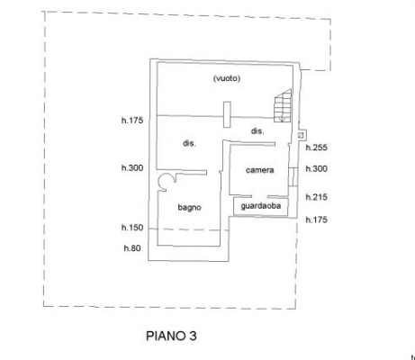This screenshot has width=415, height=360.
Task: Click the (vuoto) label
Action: [x=227, y=78]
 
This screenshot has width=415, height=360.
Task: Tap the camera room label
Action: [x=259, y=170]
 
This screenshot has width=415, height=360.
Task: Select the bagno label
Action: [x=189, y=208]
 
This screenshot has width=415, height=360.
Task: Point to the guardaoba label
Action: [x=261, y=206]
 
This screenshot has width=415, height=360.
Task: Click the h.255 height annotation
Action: [x=316, y=148]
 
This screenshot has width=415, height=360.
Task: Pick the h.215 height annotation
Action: [x=316, y=197]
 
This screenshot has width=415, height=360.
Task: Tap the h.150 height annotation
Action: [x=132, y=228]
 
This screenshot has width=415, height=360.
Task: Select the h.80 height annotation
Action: [x=132, y=248]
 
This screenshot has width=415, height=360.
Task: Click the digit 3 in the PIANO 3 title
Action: [x=193, y=336]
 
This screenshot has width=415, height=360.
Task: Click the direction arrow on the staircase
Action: [x=282, y=117]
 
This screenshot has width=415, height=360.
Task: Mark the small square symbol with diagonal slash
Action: [x=301, y=135]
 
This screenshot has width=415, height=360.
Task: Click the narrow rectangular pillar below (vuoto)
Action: [x=227, y=114]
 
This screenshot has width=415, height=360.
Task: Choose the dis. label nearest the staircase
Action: [x=257, y=131]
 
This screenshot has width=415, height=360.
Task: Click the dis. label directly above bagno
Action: [x=189, y=143]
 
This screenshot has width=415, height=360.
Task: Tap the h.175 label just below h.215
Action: [x=316, y=220]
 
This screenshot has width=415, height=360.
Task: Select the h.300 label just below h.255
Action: [x=316, y=169]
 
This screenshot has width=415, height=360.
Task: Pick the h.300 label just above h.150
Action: [x=132, y=168]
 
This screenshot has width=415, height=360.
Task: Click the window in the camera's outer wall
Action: [x=293, y=177]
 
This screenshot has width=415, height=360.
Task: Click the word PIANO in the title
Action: [x=166, y=336]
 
